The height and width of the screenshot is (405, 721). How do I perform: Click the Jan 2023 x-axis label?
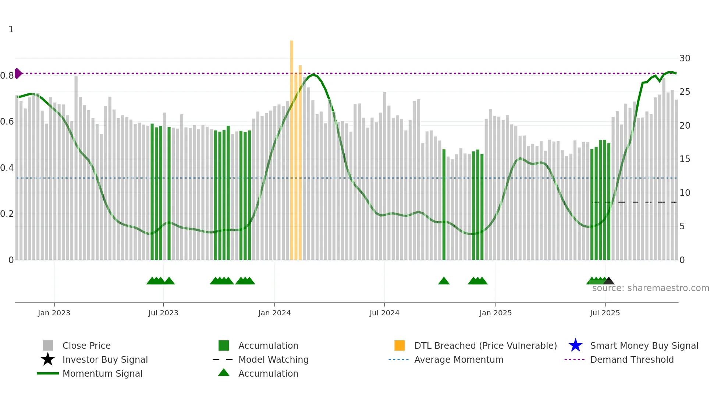(x=54, y=313)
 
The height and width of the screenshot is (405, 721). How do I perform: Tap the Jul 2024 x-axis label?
(x=384, y=313)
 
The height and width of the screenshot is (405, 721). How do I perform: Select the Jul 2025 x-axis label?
(x=605, y=313)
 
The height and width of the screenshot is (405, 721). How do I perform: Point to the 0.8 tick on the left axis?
(x=7, y=76)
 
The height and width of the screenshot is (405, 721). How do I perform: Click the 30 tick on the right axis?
(x=685, y=58)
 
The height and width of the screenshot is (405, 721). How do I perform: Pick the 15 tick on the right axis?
(x=685, y=159)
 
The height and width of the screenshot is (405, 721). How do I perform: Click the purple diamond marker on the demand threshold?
(x=18, y=74)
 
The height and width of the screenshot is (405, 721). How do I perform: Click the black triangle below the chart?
(x=609, y=281)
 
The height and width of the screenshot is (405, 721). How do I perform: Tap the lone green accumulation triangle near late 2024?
(x=444, y=281)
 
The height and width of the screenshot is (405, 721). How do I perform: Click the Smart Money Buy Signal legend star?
(x=575, y=345)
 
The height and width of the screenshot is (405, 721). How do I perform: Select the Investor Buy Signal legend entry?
(x=105, y=359)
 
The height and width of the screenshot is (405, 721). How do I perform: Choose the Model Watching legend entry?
(x=273, y=359)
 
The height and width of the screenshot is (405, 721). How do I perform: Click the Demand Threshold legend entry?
(x=632, y=359)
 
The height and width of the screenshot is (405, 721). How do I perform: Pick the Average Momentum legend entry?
(x=459, y=359)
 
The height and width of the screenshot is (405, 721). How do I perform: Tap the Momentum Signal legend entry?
(x=102, y=373)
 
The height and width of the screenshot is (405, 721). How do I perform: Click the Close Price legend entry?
(x=86, y=345)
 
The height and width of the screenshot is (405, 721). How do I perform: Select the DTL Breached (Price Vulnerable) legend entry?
(x=485, y=345)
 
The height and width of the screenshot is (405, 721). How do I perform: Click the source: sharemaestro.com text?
(x=650, y=288)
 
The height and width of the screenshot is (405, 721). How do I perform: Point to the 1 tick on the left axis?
(x=11, y=29)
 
